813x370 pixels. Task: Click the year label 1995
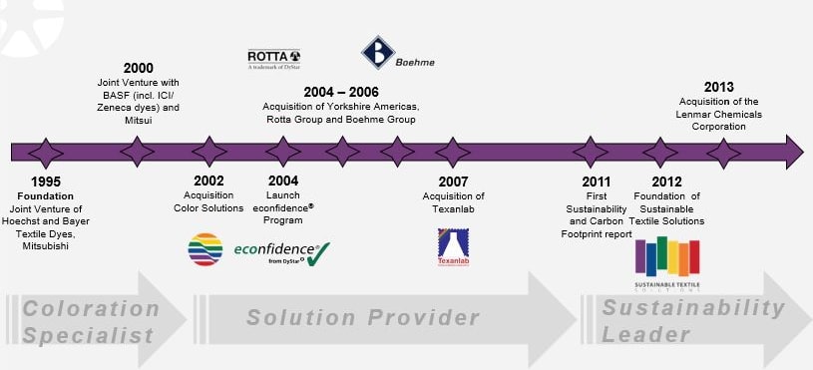coord(45,182)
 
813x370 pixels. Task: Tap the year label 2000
coord(138,68)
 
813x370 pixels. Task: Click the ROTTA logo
coord(274,57)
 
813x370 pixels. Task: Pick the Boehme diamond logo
coord(377,54)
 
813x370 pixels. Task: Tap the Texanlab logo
coord(453,247)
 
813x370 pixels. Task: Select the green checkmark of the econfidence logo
coord(318,253)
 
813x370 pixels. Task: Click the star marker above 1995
coord(45,152)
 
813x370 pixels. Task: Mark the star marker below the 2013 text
coord(723,152)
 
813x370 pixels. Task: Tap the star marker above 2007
coord(453,152)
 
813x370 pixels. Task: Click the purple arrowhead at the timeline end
coord(793,152)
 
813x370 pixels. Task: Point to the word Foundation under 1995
coord(45,195)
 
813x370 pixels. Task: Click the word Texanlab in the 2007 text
coord(453,209)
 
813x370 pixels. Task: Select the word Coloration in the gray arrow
coord(91,309)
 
